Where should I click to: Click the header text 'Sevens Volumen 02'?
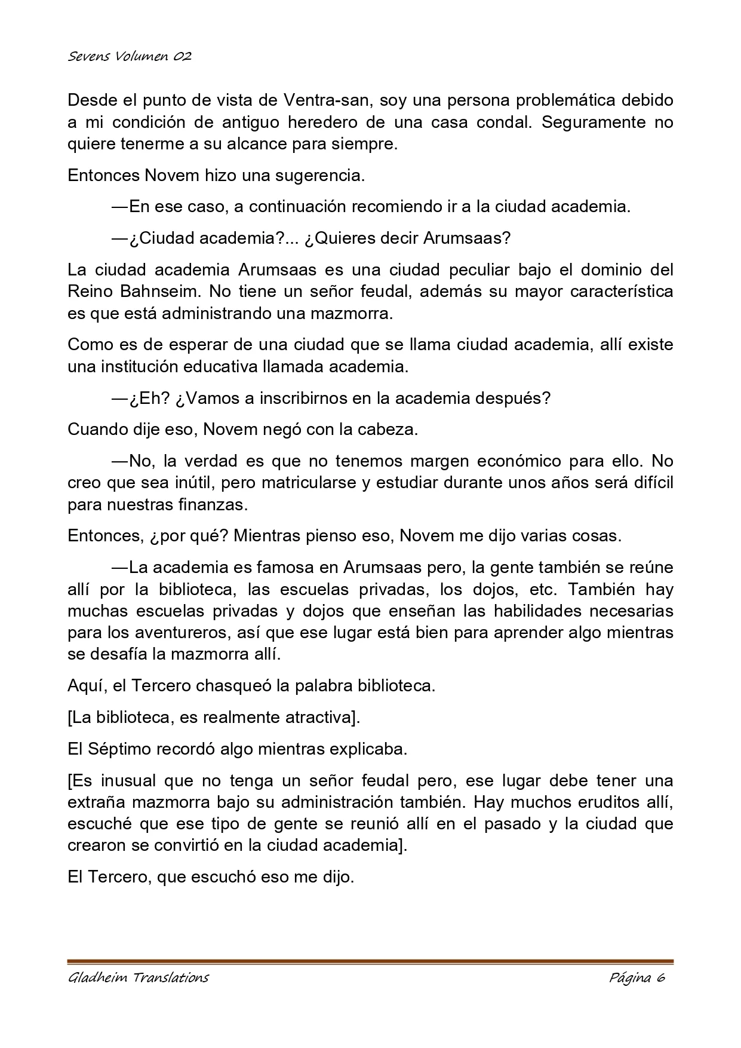point(130,57)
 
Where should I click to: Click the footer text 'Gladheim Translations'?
point(139,977)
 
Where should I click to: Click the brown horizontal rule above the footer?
point(370,962)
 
